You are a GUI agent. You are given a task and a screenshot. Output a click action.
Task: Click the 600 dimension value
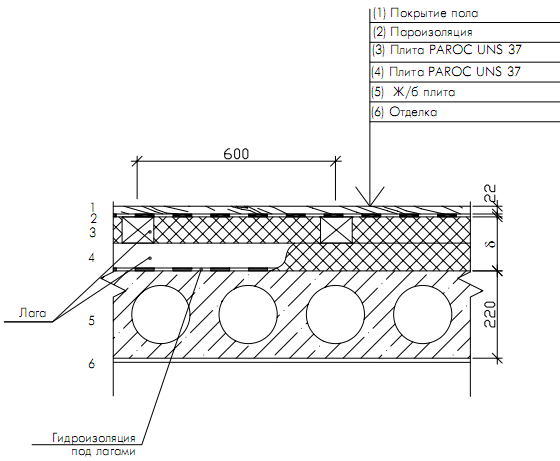coord(236,154)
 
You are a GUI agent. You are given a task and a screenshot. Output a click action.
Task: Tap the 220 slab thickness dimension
coord(490,314)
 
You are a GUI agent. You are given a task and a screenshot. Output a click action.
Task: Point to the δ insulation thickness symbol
coord(491,244)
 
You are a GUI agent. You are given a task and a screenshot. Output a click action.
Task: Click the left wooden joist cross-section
coord(138,230)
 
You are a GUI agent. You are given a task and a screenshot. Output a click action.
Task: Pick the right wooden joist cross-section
coord(336,230)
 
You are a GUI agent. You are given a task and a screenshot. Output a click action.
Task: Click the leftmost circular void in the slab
coord(160,314)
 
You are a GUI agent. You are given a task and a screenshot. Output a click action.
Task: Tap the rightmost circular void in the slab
coord(422,314)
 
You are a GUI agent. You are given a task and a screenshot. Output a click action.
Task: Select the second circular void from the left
coord(248,314)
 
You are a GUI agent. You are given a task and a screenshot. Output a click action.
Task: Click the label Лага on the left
coord(32,313)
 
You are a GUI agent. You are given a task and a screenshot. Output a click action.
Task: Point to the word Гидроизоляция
coord(94,438)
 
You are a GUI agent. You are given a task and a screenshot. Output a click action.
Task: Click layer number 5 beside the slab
coord(92,321)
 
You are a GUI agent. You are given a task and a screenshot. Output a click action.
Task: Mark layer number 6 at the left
coord(92,364)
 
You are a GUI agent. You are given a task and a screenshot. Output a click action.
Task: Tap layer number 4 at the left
coord(92,257)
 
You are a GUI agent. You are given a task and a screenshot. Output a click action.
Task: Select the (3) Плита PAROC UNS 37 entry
coord(447,50)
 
